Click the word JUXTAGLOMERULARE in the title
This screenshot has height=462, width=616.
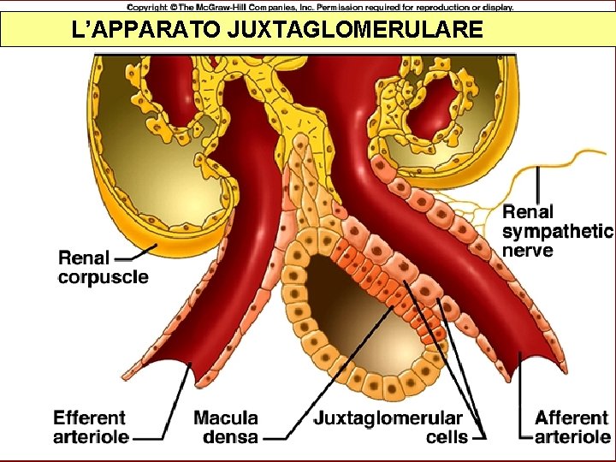point(355,31)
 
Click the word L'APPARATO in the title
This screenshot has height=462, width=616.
point(147,31)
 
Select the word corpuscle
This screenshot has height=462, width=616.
point(103,277)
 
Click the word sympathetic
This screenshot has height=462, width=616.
point(557,231)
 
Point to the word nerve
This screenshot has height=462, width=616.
point(527,251)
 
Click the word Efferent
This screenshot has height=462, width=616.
point(89,418)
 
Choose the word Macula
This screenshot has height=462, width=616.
point(226,418)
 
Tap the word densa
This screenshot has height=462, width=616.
point(230,437)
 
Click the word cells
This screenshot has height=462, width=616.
point(447,437)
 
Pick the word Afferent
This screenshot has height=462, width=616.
point(572,418)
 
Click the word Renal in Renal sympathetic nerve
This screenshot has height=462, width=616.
point(528,211)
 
